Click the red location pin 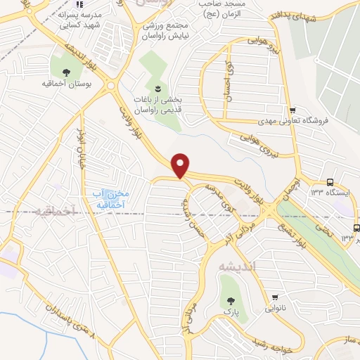[181, 165]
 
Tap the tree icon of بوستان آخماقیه [67, 72]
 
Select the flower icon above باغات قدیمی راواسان [158, 89]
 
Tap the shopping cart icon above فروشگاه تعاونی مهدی [292, 110]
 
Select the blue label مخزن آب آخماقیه [110, 198]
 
